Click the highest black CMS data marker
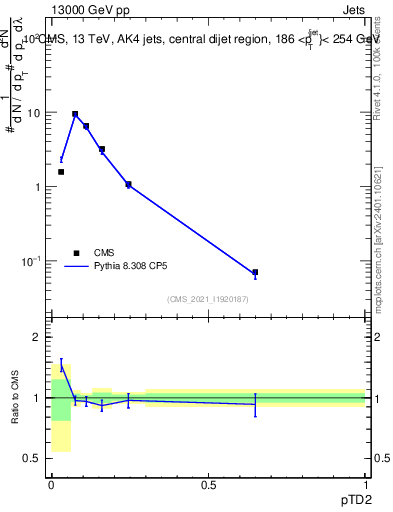click(75, 115)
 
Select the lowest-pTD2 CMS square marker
click(61, 172)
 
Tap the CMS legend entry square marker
click(75, 253)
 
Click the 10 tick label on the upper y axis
click(34, 113)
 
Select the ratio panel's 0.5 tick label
click(35, 459)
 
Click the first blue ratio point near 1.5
click(61, 367)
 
